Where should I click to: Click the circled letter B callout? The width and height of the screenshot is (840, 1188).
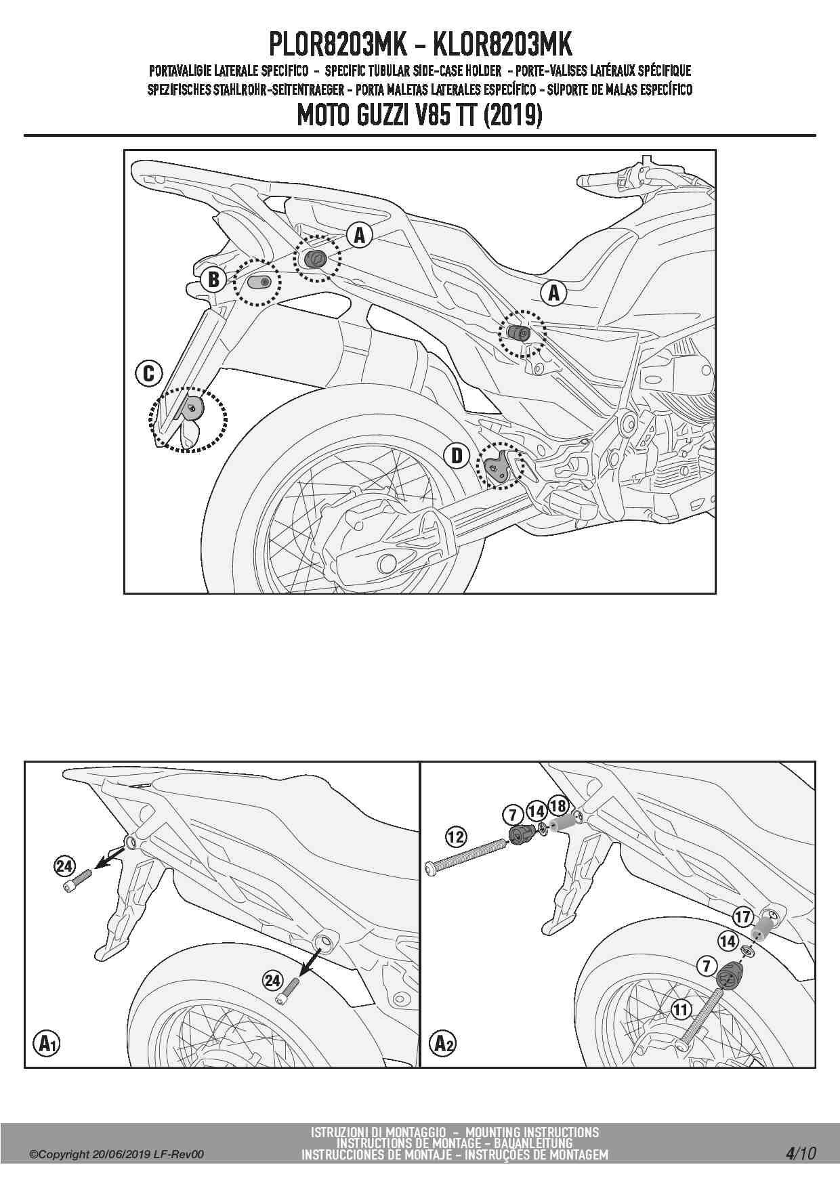[213, 279]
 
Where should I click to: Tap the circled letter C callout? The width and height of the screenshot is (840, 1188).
[149, 373]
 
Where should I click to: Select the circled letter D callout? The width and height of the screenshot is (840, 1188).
[457, 455]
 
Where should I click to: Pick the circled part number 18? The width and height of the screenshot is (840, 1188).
[558, 805]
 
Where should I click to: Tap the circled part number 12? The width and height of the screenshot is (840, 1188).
[456, 836]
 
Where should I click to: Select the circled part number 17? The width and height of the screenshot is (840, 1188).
[743, 917]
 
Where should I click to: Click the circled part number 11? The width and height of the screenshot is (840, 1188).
[681, 1010]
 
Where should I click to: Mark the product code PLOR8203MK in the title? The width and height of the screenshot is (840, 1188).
[338, 45]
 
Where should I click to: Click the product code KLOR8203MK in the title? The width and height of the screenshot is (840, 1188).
[502, 45]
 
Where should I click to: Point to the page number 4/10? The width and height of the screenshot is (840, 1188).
[801, 1153]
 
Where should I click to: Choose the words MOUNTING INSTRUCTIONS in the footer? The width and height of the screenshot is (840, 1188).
[532, 1132]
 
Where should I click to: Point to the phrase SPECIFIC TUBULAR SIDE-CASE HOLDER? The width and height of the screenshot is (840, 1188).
[413, 70]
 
